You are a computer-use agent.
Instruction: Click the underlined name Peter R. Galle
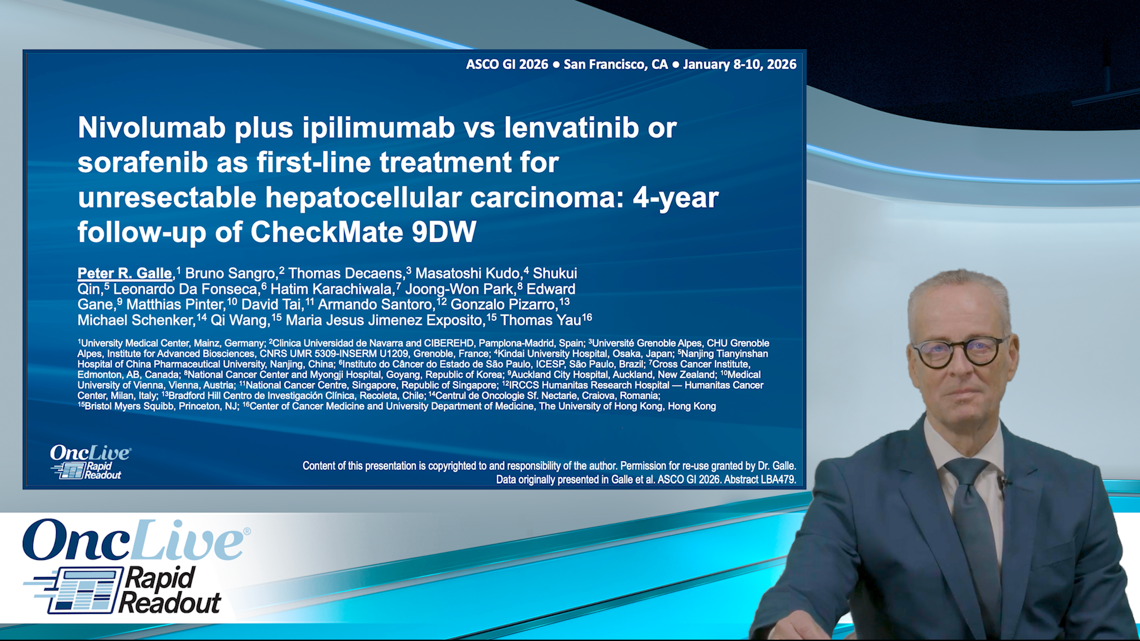[124, 273]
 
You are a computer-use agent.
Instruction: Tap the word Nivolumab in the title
[152, 128]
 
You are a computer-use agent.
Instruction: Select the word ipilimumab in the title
[378, 128]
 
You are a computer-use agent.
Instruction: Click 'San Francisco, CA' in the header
[616, 65]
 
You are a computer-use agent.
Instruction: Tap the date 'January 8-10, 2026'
[740, 65]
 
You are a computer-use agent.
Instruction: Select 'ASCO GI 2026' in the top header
[507, 65]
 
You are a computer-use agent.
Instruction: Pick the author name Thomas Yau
[540, 320]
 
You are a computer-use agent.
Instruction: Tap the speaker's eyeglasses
[960, 352]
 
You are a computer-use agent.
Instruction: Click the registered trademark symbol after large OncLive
[247, 531]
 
